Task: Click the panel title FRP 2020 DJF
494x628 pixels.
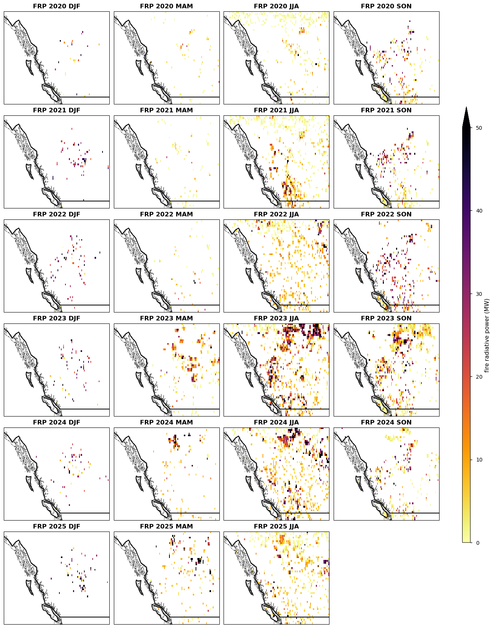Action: (56, 6)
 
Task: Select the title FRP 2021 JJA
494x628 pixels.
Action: (276, 110)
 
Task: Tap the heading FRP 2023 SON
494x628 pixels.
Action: (386, 319)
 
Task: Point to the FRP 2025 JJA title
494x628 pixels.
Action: (276, 527)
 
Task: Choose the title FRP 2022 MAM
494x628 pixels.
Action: (166, 215)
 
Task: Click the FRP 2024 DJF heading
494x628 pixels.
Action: (56, 423)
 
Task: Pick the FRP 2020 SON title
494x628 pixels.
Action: (386, 6)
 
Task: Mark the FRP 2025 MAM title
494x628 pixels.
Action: (166, 527)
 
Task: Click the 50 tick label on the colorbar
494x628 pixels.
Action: (479, 128)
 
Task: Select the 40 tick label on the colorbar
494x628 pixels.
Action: (479, 211)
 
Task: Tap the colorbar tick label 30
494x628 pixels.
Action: (479, 294)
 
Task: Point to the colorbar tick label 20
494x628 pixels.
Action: (479, 377)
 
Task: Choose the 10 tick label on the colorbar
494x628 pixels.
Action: (479, 460)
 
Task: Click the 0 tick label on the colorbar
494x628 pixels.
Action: (478, 543)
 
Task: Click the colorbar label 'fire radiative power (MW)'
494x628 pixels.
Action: (487, 335)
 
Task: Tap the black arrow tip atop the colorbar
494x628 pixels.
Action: (466, 107)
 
